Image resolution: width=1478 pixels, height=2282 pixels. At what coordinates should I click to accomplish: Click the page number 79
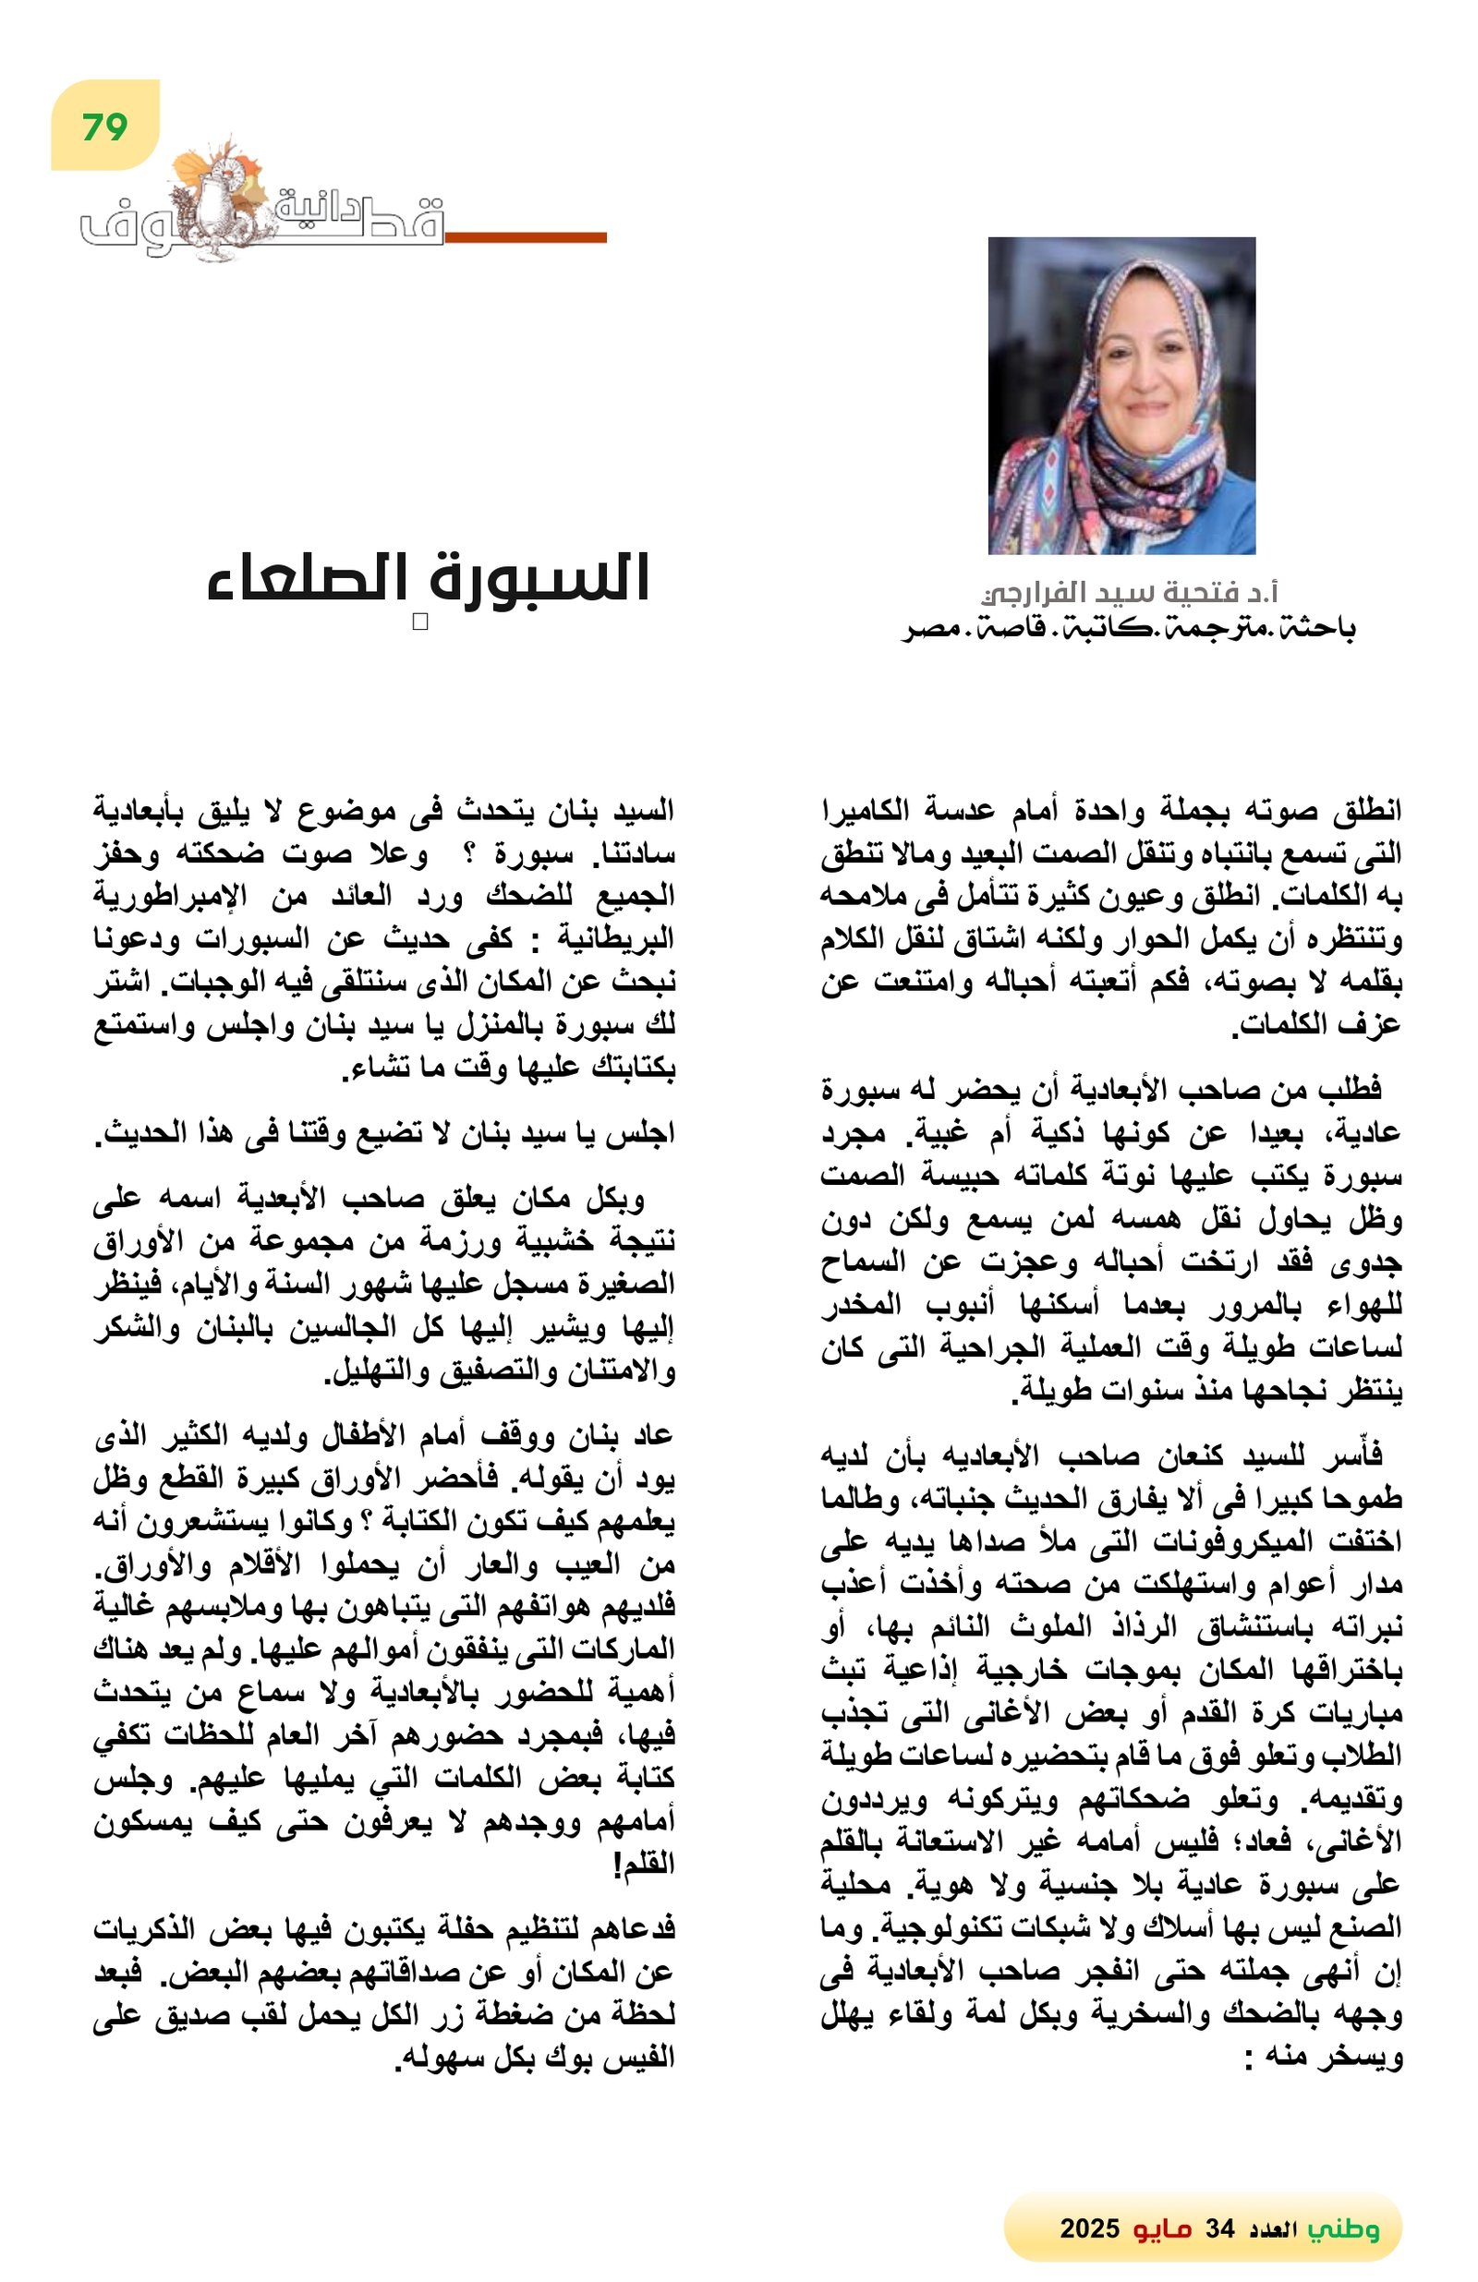click(104, 127)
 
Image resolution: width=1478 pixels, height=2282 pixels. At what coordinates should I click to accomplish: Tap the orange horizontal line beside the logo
click(526, 236)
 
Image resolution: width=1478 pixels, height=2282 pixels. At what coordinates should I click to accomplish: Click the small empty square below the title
click(419, 622)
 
